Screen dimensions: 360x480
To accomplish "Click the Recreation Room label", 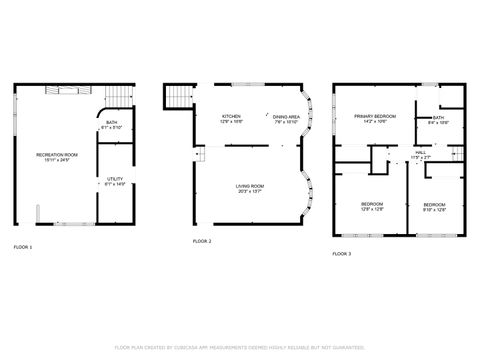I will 52,157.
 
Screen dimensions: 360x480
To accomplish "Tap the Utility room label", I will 116,182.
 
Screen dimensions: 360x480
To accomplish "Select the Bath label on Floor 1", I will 111,124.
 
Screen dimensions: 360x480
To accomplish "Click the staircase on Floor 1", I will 118,94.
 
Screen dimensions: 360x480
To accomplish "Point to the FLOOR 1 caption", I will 22,246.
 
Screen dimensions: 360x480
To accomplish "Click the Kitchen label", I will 231,119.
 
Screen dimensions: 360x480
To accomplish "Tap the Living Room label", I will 249,188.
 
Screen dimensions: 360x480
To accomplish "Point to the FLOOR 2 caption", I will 202,241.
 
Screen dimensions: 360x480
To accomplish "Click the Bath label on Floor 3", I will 439,120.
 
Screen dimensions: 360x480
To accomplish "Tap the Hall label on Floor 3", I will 420,156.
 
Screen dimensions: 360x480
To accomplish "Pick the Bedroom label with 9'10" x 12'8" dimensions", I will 434,206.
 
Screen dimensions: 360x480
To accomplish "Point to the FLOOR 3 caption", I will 342,254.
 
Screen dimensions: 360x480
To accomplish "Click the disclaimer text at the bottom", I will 240,347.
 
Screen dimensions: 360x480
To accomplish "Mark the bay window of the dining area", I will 311,118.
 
